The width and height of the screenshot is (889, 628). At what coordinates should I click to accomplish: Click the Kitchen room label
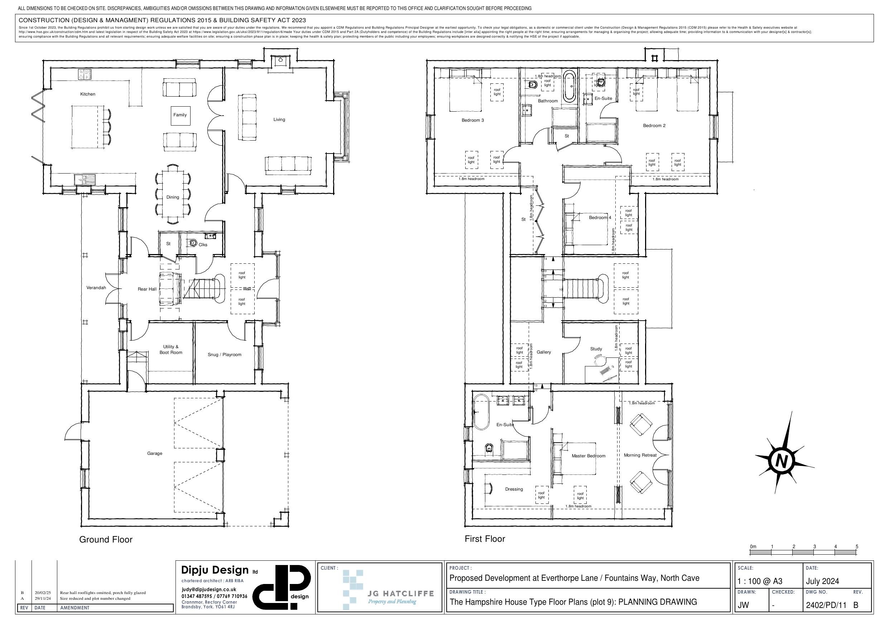point(87,94)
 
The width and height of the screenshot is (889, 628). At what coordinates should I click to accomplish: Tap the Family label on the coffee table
point(180,115)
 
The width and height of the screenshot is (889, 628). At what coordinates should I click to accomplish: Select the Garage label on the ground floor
point(154,453)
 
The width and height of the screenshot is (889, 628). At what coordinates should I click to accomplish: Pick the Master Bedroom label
point(588,456)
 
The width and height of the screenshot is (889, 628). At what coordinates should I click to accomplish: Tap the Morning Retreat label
point(640,456)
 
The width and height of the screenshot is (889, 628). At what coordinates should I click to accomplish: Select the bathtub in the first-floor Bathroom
point(570,86)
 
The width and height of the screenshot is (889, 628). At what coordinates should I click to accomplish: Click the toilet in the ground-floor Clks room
point(192,243)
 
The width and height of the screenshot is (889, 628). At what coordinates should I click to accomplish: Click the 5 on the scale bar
point(857,547)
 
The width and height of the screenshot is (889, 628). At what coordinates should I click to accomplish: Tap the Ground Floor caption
point(106,540)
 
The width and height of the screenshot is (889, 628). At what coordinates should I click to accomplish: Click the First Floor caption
point(485,539)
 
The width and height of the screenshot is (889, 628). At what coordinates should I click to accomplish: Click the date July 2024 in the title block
point(822,581)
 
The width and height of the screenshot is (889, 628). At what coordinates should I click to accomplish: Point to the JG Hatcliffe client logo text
point(400,594)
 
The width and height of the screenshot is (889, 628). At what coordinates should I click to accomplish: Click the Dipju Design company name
point(215,570)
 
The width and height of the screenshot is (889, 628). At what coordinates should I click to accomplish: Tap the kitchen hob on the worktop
point(85,74)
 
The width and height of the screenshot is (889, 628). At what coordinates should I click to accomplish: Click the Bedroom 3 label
point(472,120)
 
